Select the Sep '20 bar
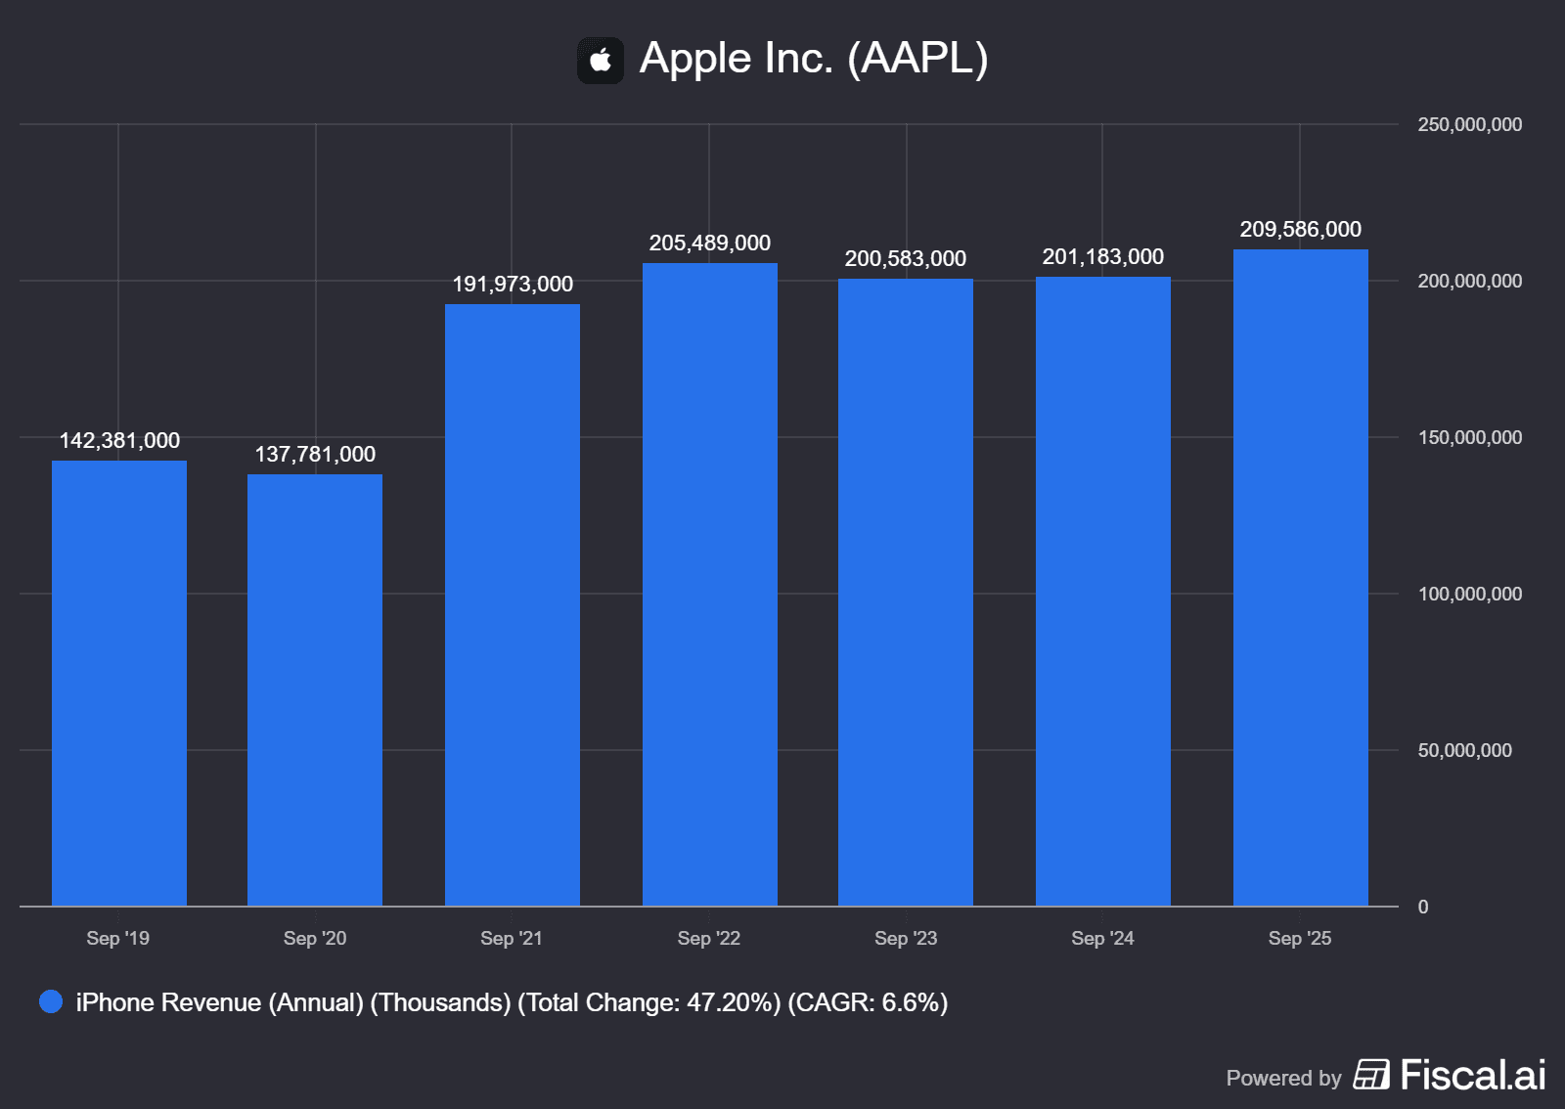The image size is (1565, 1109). click(x=315, y=689)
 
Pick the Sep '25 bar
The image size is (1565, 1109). click(x=1301, y=577)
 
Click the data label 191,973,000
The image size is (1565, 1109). click(x=513, y=285)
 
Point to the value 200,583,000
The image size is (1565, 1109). click(x=906, y=259)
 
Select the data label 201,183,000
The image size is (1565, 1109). click(x=1103, y=257)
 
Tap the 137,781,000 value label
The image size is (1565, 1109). click(x=315, y=455)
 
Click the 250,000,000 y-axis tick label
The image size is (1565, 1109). click(x=1470, y=125)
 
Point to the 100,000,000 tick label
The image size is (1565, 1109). click(x=1470, y=595)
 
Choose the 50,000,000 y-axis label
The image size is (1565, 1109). click(x=1465, y=751)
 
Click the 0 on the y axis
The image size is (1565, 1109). click(x=1423, y=908)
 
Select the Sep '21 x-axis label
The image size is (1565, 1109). click(x=512, y=939)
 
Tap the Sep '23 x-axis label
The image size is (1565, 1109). click(x=906, y=939)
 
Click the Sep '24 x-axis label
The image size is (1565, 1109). click(x=1102, y=939)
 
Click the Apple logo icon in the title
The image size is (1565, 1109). click(x=601, y=61)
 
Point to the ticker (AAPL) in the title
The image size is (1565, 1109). click(x=917, y=59)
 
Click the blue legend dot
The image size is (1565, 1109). click(x=51, y=1002)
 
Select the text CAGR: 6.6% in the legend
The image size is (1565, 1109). click(x=868, y=1003)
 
